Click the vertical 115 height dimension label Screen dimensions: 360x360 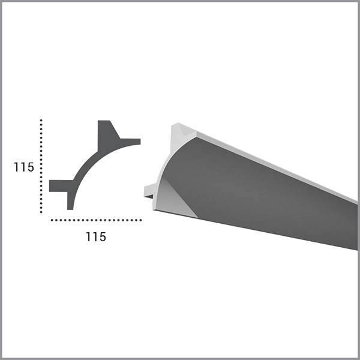[24, 167]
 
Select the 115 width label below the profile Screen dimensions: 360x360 [96, 237]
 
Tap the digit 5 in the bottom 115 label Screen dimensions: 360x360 [103, 237]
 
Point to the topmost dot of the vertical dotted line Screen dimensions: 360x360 [41, 120]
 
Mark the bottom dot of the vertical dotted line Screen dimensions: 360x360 [41, 212]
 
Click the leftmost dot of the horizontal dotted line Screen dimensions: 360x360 [52, 220]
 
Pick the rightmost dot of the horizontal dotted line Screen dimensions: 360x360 [140, 220]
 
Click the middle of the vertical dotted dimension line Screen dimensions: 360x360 [41, 166]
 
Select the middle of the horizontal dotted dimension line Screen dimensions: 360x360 [96, 220]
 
